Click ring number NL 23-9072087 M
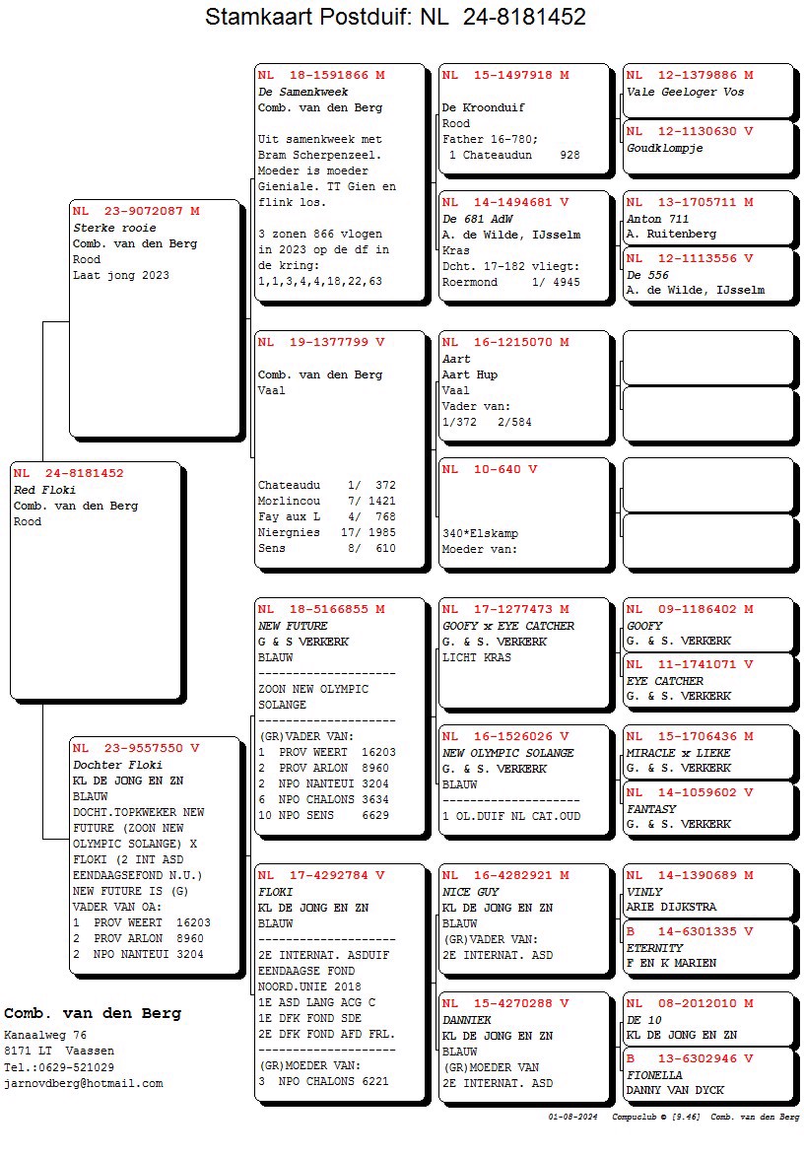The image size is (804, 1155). (136, 211)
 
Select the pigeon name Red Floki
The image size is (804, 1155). (44, 490)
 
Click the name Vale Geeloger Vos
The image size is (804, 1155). (686, 92)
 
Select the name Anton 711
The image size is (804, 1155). (658, 219)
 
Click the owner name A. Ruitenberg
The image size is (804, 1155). (672, 235)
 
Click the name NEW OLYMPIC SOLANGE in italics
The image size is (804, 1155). (508, 753)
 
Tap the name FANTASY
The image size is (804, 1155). (651, 809)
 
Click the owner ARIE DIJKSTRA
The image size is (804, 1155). (672, 908)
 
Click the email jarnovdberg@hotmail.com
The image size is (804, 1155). (84, 1083)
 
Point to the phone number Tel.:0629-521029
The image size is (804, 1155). (59, 1067)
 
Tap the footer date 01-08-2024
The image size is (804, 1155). (573, 1118)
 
